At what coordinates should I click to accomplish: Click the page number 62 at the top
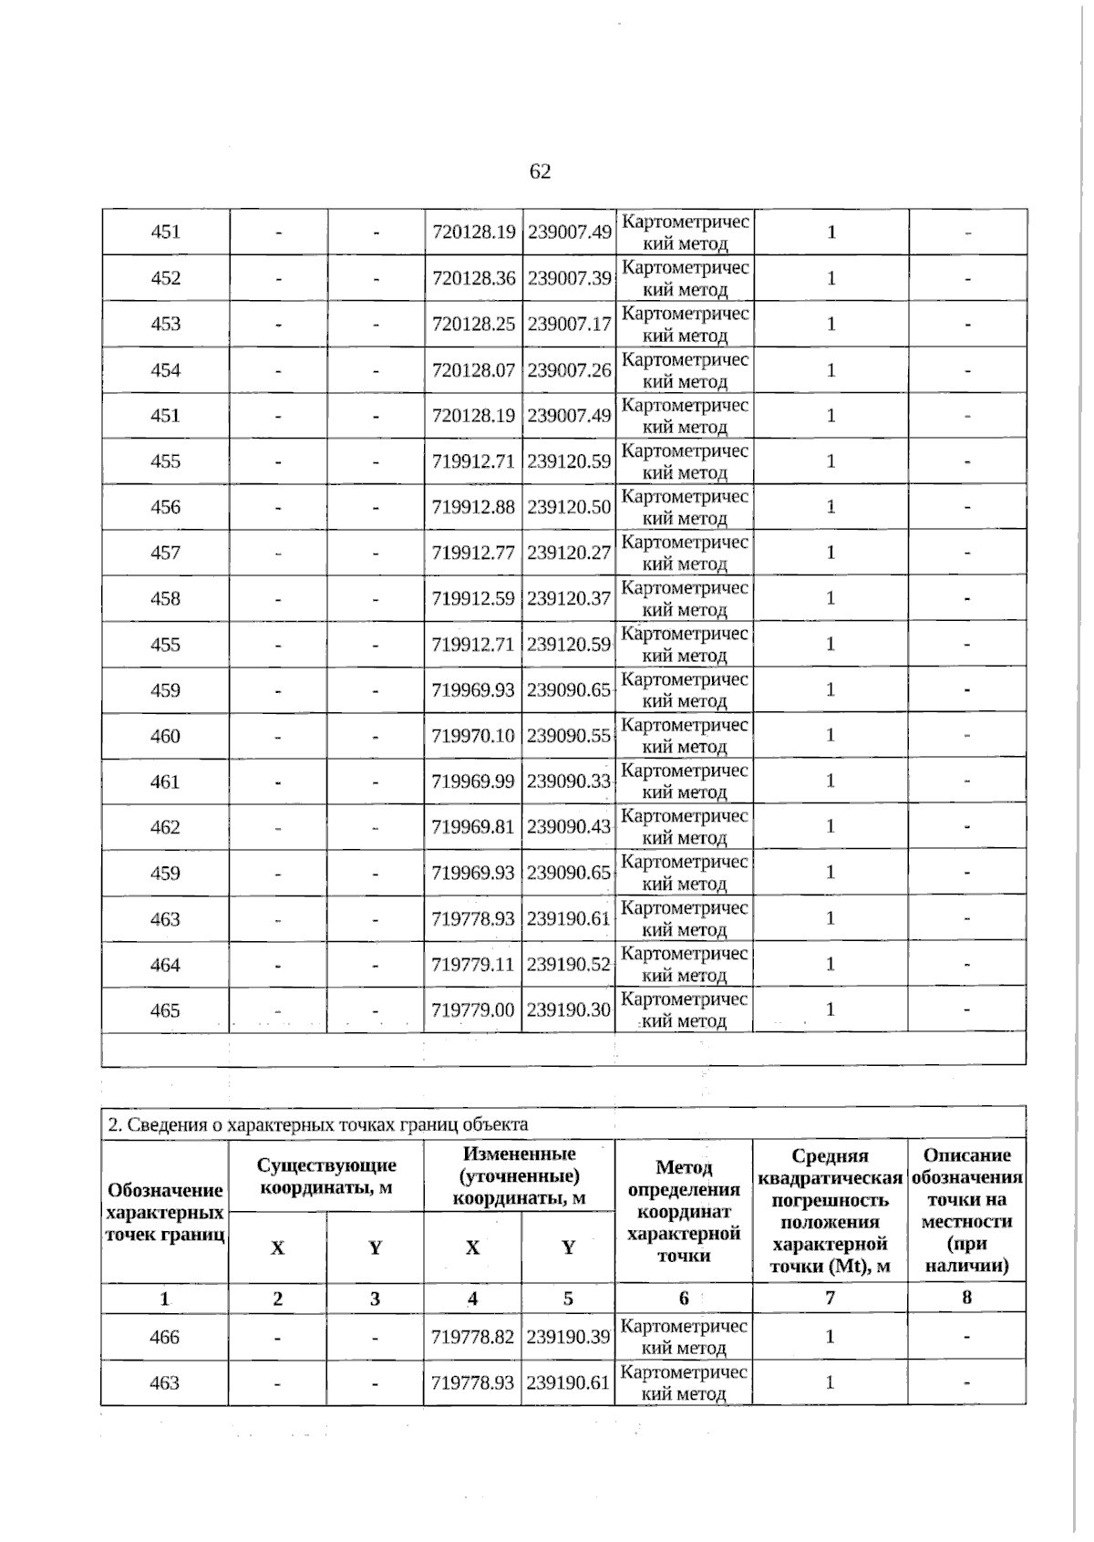pyautogui.click(x=540, y=172)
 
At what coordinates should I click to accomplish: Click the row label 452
pyautogui.click(x=165, y=278)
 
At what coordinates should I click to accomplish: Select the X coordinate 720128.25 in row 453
pyautogui.click(x=473, y=324)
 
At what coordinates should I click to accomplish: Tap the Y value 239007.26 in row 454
pyautogui.click(x=569, y=370)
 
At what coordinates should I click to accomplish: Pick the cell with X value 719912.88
pyautogui.click(x=473, y=507)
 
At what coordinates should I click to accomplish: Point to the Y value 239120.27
pyautogui.click(x=569, y=553)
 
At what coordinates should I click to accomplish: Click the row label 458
pyautogui.click(x=165, y=599)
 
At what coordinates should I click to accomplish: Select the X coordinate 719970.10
pyautogui.click(x=473, y=736)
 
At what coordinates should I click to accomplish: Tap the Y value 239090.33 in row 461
pyautogui.click(x=569, y=781)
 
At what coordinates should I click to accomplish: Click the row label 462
pyautogui.click(x=165, y=827)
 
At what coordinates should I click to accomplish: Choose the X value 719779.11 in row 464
pyautogui.click(x=473, y=965)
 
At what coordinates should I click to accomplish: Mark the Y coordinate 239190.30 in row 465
pyautogui.click(x=569, y=1010)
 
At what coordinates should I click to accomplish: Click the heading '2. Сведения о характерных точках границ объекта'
pyautogui.click(x=318, y=1124)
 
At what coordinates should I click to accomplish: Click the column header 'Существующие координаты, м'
pyautogui.click(x=326, y=1176)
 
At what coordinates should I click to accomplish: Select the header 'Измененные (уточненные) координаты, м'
pyautogui.click(x=519, y=1175)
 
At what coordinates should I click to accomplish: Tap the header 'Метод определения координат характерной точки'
pyautogui.click(x=684, y=1211)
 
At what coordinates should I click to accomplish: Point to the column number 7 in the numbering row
pyautogui.click(x=830, y=1298)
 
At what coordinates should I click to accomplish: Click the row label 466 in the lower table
pyautogui.click(x=165, y=1337)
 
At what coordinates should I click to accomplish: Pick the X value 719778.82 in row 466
pyautogui.click(x=473, y=1337)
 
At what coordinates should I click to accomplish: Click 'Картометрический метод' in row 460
pyautogui.click(x=685, y=736)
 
